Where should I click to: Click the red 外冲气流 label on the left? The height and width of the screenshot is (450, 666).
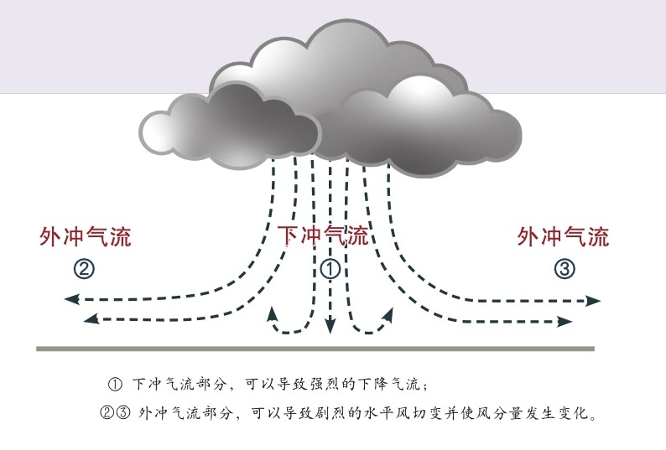85,236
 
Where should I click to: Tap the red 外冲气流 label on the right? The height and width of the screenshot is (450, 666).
563,236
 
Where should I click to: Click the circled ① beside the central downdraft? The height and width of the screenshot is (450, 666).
330,269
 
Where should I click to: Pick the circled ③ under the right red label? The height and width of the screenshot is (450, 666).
565,269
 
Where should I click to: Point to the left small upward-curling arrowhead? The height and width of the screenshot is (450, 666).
272,313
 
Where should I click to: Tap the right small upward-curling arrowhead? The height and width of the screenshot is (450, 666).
389,313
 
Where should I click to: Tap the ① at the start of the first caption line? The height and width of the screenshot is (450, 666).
116,385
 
